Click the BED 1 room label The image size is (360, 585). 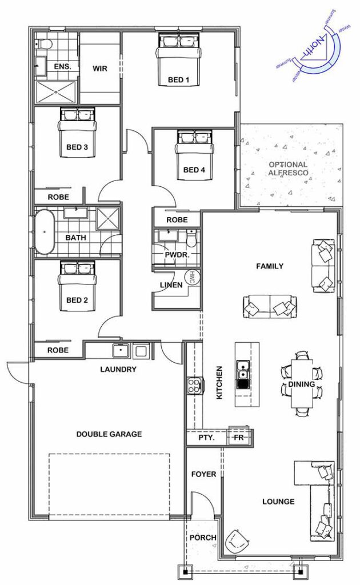click(178, 79)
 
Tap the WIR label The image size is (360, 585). click(100, 69)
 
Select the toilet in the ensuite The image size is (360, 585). click(42, 44)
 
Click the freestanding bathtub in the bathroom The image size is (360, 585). click(45, 232)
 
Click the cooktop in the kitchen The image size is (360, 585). click(195, 385)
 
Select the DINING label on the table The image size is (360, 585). click(302, 384)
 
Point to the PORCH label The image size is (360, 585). click(203, 538)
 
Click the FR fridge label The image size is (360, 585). click(238, 437)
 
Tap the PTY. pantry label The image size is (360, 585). click(207, 437)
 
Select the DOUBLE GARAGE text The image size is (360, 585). click(109, 434)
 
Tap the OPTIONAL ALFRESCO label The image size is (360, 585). click(289, 169)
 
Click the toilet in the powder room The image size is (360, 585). click(191, 239)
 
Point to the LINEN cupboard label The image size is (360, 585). click(171, 285)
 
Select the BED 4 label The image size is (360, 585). click(194, 170)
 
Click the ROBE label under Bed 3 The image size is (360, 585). click(58, 197)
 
